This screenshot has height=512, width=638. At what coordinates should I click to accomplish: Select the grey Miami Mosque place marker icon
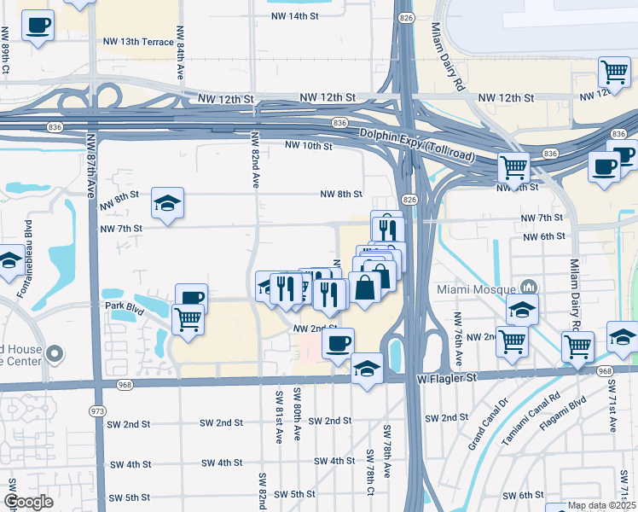click(529, 288)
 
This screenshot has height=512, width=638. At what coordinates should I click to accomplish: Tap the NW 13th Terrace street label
click(137, 42)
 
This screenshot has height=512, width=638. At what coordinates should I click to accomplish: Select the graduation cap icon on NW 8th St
click(167, 203)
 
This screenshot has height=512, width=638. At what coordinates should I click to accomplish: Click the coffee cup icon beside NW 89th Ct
click(37, 25)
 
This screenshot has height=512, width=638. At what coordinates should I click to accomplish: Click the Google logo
click(28, 502)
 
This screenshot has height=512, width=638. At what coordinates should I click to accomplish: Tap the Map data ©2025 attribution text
click(600, 505)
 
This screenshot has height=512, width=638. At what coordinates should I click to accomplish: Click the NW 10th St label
click(308, 146)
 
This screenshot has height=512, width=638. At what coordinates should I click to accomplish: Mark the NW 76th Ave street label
click(459, 332)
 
